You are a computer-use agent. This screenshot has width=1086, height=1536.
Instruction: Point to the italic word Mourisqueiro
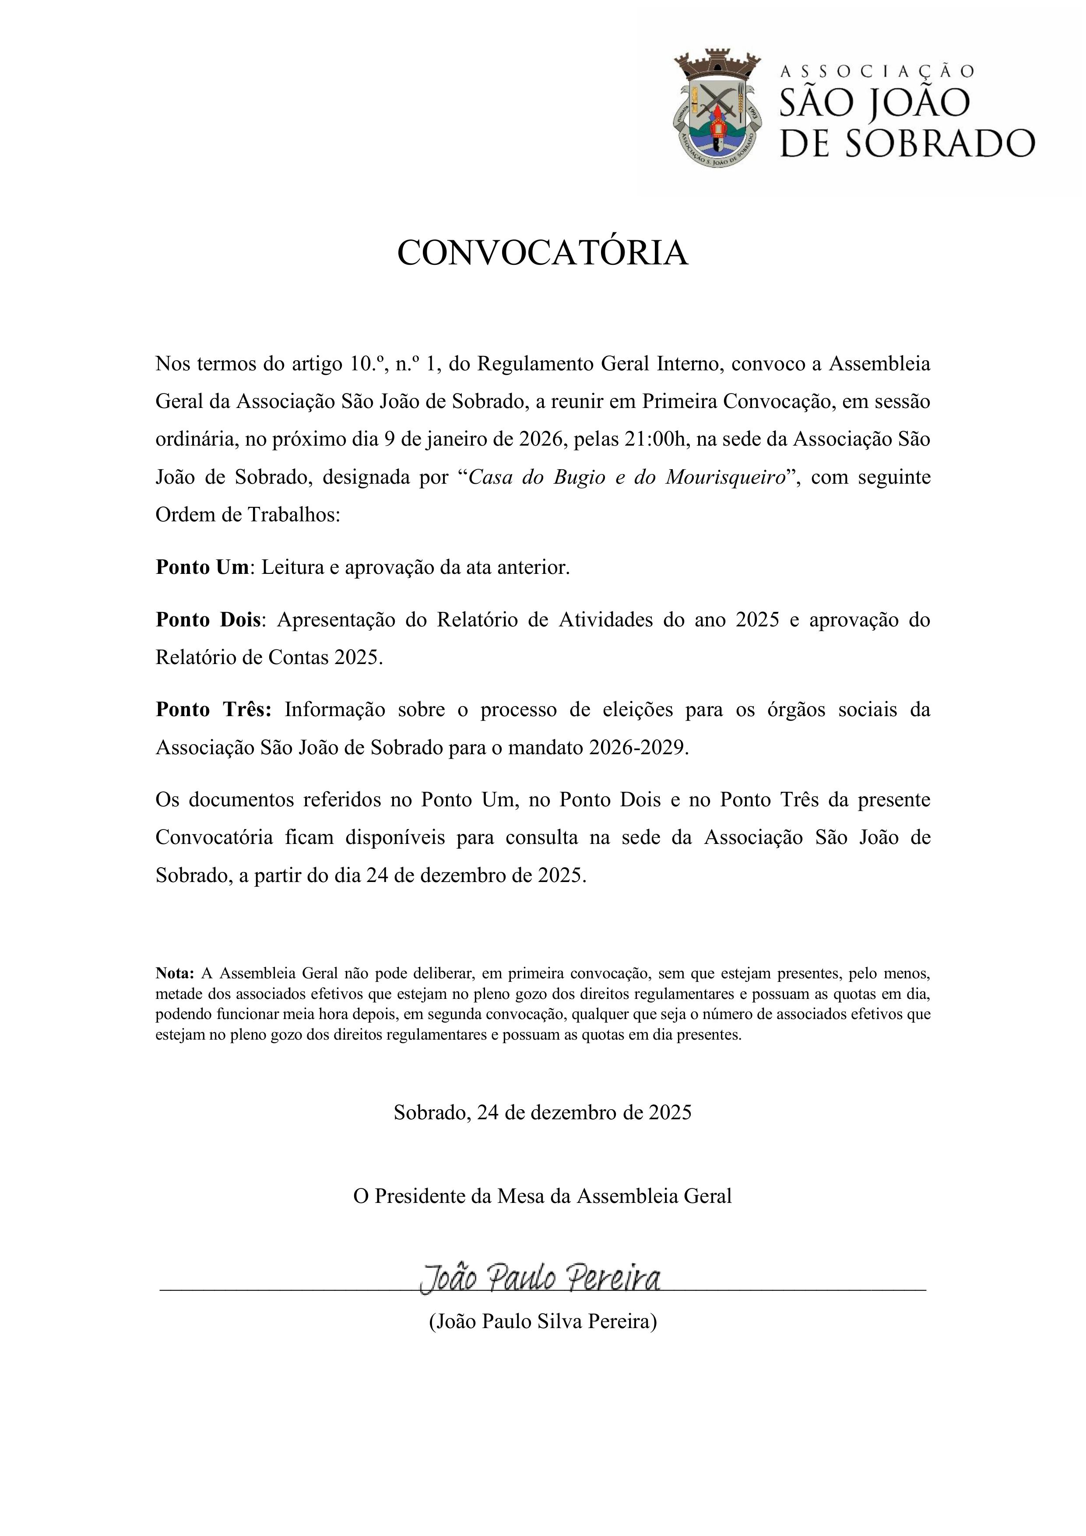tap(725, 477)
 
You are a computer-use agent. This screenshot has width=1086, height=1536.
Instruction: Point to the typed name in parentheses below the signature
tap(543, 1321)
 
